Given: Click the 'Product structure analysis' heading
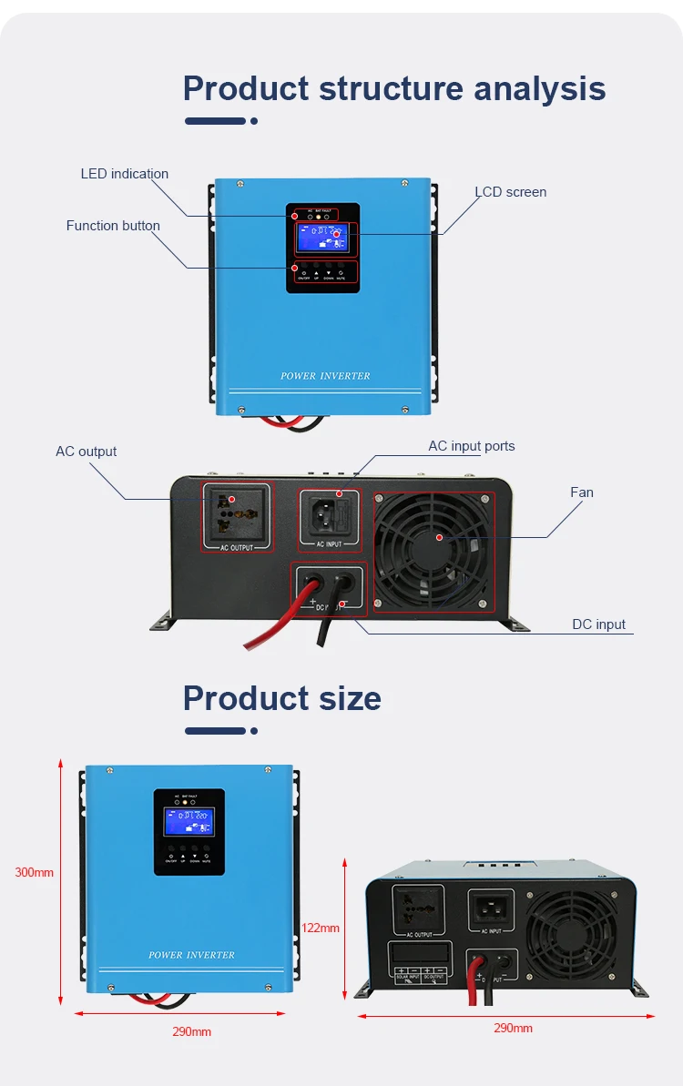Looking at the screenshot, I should click(393, 88).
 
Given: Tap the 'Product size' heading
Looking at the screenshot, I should click(281, 698).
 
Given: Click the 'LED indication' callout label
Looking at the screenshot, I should click(125, 174).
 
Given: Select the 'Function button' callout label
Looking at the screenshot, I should click(113, 226).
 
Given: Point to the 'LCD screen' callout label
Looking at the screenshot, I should click(510, 192).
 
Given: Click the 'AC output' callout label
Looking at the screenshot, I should click(86, 452).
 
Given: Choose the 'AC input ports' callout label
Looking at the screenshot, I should click(471, 446).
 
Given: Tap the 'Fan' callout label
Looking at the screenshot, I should click(581, 492).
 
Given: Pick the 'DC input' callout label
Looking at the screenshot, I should click(598, 624).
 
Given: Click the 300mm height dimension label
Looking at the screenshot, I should click(34, 872).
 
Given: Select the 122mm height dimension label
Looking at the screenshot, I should click(320, 928).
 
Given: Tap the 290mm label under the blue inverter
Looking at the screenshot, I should click(191, 1031).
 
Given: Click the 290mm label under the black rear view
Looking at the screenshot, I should click(513, 1028).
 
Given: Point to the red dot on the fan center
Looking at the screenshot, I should click(439, 537).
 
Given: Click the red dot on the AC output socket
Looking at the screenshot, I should click(232, 500).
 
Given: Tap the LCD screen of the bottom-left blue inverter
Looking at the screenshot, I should click(188, 821).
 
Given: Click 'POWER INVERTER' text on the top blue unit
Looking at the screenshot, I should click(325, 376).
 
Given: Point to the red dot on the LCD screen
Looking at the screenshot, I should click(336, 235).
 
